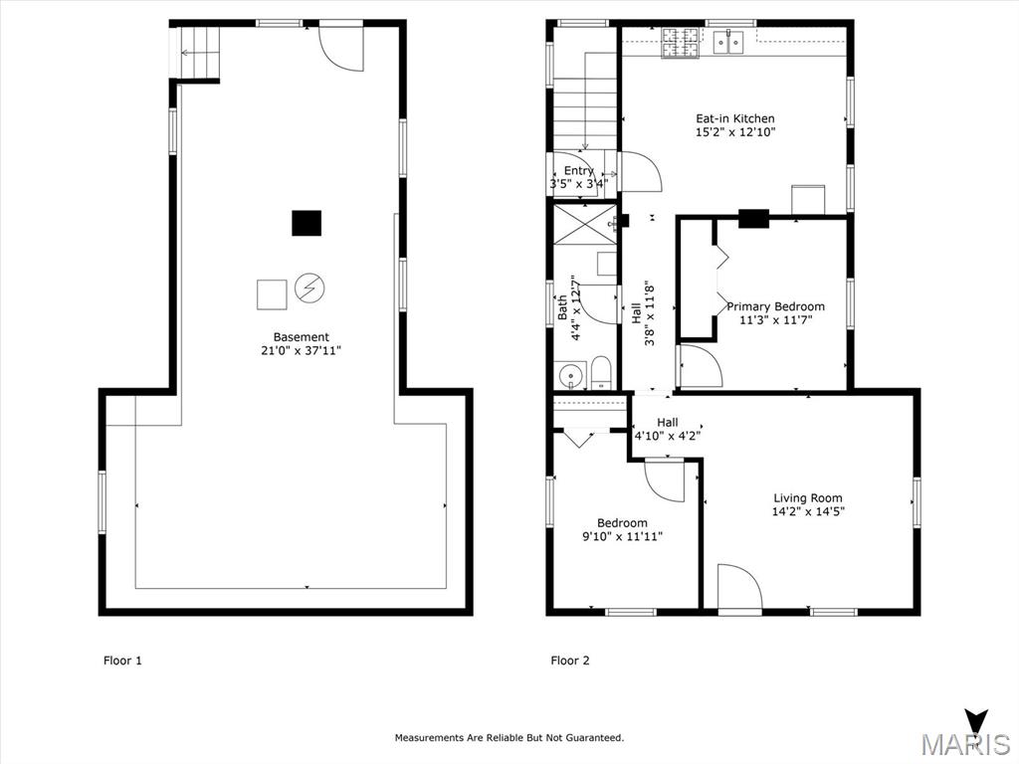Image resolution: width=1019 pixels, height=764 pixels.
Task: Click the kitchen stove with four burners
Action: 680,42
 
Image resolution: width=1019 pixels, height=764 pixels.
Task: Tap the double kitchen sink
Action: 729,42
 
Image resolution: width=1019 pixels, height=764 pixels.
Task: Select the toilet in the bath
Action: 601,375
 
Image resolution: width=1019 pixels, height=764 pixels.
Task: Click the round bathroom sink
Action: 569,375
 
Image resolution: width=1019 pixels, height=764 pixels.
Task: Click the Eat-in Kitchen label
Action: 734,118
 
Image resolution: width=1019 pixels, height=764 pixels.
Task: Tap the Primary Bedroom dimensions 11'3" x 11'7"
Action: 775,320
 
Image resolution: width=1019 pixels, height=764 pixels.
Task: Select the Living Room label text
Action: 808,498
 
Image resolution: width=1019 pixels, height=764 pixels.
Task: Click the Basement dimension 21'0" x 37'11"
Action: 301,350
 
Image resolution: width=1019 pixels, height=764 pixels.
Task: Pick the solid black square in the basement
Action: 306,223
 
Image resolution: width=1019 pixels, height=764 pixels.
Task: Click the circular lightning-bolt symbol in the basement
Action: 309,289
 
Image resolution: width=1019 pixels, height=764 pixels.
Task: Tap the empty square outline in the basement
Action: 272,294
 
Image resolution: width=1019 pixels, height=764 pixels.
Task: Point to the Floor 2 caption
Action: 570,660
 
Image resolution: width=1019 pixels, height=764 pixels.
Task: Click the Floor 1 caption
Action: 123,660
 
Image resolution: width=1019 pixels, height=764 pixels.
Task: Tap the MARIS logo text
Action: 964,743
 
